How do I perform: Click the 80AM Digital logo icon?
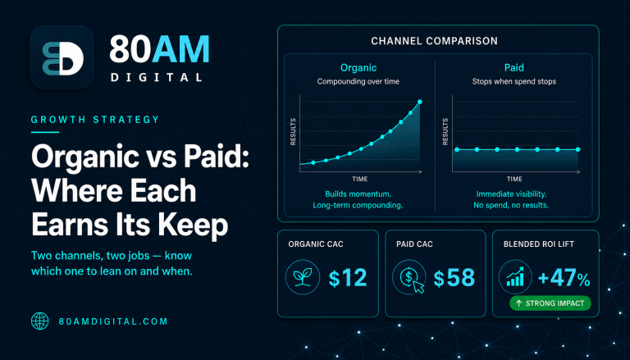click(62, 57)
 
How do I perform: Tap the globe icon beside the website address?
click(39, 321)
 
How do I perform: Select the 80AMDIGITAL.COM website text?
click(113, 321)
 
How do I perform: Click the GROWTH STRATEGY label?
click(95, 120)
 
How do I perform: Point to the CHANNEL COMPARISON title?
click(434, 41)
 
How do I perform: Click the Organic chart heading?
click(358, 68)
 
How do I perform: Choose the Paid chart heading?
click(514, 67)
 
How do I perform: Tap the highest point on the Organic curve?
click(420, 102)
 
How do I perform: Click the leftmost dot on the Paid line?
click(457, 149)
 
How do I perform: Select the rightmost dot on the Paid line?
click(577, 149)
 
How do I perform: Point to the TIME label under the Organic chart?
click(360, 180)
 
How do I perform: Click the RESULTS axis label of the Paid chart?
click(445, 131)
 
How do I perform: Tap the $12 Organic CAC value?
click(348, 278)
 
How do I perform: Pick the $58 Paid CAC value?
click(454, 278)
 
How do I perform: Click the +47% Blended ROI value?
click(564, 278)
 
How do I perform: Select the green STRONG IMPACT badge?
click(550, 303)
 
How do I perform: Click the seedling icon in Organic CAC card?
click(303, 277)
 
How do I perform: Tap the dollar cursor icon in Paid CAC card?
click(409, 277)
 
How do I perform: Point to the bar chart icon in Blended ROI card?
click(515, 277)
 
